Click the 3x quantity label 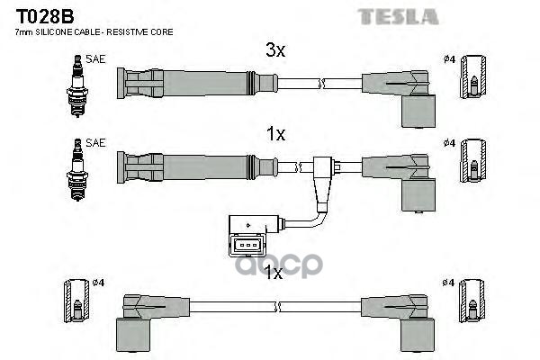click(275, 51)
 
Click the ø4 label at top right click(449, 60)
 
